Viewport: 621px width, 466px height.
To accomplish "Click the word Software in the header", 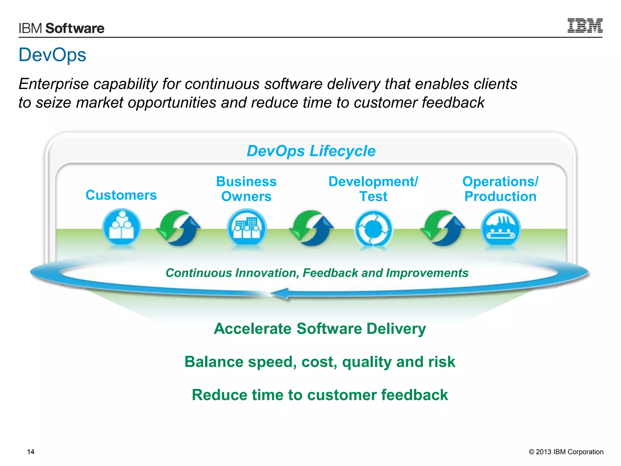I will [x=75, y=28].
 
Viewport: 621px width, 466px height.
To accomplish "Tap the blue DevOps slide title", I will [x=52, y=55].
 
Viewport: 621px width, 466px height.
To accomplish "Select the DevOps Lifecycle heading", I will [x=311, y=151].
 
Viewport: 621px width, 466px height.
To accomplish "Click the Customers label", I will [x=121, y=195].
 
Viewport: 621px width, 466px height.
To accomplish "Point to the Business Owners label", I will [x=246, y=189].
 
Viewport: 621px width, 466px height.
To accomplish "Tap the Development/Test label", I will [x=373, y=189].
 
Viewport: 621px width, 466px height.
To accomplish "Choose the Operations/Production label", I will [x=500, y=189].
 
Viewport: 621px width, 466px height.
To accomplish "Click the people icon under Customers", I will [x=122, y=228].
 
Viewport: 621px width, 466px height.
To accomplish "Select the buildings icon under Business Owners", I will [x=247, y=228].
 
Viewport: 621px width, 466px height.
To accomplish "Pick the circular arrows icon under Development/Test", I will [x=373, y=229].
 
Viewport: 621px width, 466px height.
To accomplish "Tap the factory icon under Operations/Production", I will [x=500, y=228].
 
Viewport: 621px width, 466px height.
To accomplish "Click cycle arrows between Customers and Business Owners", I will [x=179, y=228].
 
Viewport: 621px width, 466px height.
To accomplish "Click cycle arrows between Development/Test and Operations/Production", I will [x=443, y=228].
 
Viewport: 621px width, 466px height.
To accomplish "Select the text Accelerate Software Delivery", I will [x=320, y=329].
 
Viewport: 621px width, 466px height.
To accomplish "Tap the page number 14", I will [x=31, y=452].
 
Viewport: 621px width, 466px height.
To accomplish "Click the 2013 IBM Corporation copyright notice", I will [x=566, y=452].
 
